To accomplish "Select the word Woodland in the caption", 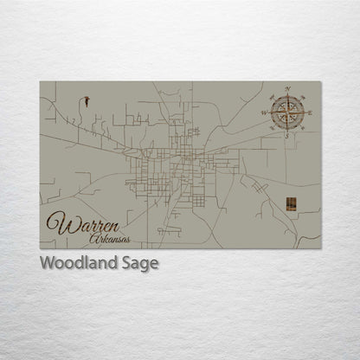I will click(x=72, y=263).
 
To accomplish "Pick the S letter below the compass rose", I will click(x=287, y=135).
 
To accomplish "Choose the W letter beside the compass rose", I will click(x=264, y=112).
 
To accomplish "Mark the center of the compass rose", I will click(x=287, y=112).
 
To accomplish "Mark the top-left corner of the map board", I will click(x=40, y=82).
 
